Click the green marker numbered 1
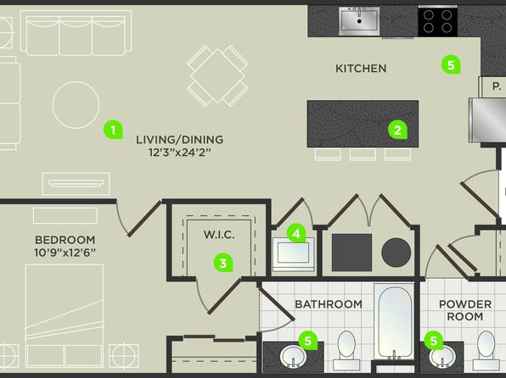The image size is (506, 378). click(x=113, y=130)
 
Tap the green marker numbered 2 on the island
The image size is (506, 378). click(x=397, y=130)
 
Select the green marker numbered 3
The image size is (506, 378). click(x=223, y=263)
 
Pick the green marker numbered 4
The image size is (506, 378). click(x=296, y=233)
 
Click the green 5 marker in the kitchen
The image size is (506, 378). click(x=451, y=64)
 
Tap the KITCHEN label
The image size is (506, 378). click(x=361, y=69)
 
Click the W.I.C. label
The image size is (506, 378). click(x=219, y=235)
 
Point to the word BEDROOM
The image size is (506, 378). click(x=65, y=240)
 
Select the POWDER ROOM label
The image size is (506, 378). click(x=465, y=310)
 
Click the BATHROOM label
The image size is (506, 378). click(x=329, y=304)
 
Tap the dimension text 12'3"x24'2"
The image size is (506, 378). click(x=179, y=152)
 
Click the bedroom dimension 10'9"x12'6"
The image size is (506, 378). click(x=65, y=253)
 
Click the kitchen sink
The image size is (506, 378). click(x=359, y=21)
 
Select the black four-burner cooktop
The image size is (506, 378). click(x=437, y=21)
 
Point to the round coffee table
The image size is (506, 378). click(x=76, y=105)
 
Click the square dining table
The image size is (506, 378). click(x=217, y=75)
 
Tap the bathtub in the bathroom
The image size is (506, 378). click(x=394, y=321)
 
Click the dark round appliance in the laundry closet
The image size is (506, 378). click(x=396, y=253)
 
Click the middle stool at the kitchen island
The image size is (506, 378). click(x=363, y=153)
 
